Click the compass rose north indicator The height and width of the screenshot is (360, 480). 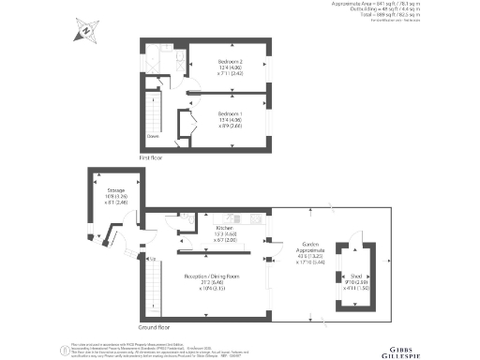(x=85, y=31)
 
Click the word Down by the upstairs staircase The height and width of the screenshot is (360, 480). (x=152, y=135)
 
